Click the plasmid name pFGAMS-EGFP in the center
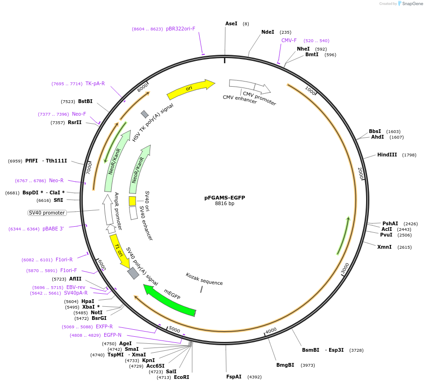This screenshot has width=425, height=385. click(x=224, y=198)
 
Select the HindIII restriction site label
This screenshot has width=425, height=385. click(x=387, y=155)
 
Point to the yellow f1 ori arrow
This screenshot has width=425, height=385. click(x=119, y=251)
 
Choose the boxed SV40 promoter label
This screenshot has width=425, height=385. click(x=47, y=213)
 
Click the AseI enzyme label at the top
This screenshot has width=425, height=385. click(x=231, y=23)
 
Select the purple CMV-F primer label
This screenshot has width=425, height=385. click(x=289, y=41)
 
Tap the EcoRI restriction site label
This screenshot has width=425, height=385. click(x=181, y=377)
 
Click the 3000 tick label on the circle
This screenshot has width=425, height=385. click(x=345, y=268)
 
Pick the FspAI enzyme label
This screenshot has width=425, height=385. click(x=234, y=377)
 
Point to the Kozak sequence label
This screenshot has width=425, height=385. click(x=204, y=280)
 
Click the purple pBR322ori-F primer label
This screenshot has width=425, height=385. click(x=180, y=29)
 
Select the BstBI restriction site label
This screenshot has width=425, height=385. click(x=85, y=102)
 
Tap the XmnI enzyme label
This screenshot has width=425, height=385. click(x=384, y=247)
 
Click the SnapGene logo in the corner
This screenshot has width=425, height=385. click(x=410, y=4)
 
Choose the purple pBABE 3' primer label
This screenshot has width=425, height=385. click(x=53, y=229)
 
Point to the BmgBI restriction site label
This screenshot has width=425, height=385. click(x=285, y=365)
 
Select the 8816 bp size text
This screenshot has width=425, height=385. click(x=224, y=204)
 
